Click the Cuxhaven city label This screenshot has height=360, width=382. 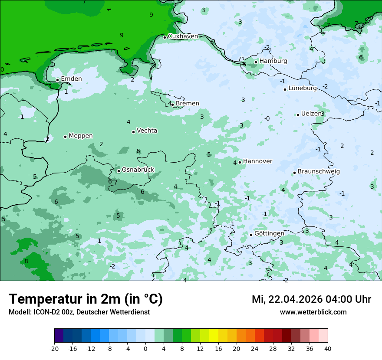[183, 36]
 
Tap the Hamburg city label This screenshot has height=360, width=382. [273, 61]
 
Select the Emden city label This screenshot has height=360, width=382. [71, 79]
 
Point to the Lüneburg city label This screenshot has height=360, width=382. [303, 88]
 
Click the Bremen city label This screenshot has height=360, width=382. [188, 104]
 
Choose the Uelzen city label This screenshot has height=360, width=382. [311, 114]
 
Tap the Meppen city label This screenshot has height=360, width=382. [81, 136]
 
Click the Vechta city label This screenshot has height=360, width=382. [147, 131]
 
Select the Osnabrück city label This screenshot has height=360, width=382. [138, 170]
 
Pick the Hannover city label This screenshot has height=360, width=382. [257, 161]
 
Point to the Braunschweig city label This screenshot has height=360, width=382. [319, 172]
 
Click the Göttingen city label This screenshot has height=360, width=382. [269, 233]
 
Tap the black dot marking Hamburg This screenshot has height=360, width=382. [256, 62]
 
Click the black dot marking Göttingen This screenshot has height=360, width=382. [251, 235]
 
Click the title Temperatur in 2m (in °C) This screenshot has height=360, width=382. [86, 299]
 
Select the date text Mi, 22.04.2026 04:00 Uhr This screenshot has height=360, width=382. [311, 300]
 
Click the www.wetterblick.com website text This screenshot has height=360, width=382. [313, 312]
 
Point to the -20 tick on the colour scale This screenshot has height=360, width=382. [54, 349]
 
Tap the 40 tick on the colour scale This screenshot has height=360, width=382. [328, 349]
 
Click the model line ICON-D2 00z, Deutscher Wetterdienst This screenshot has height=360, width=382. [79, 312]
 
